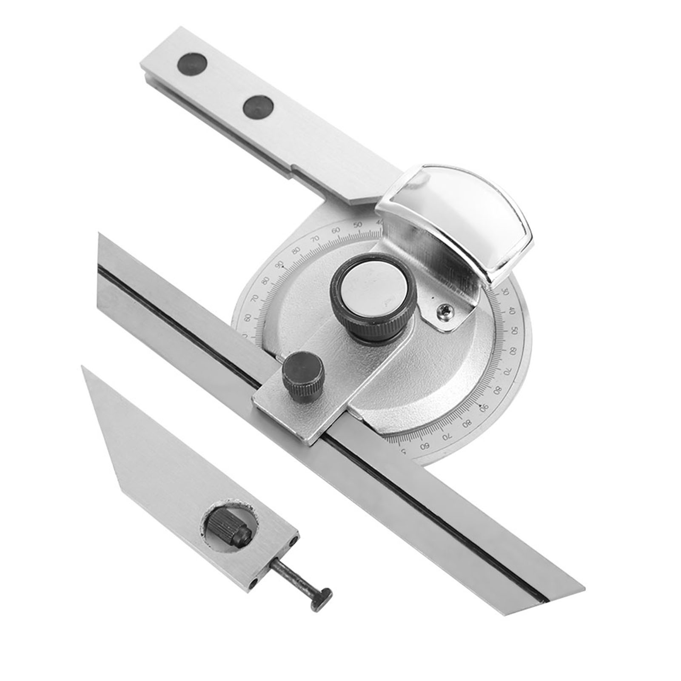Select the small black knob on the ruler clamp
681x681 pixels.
[x=302, y=370]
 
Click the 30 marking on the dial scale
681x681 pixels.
[x=505, y=292]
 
